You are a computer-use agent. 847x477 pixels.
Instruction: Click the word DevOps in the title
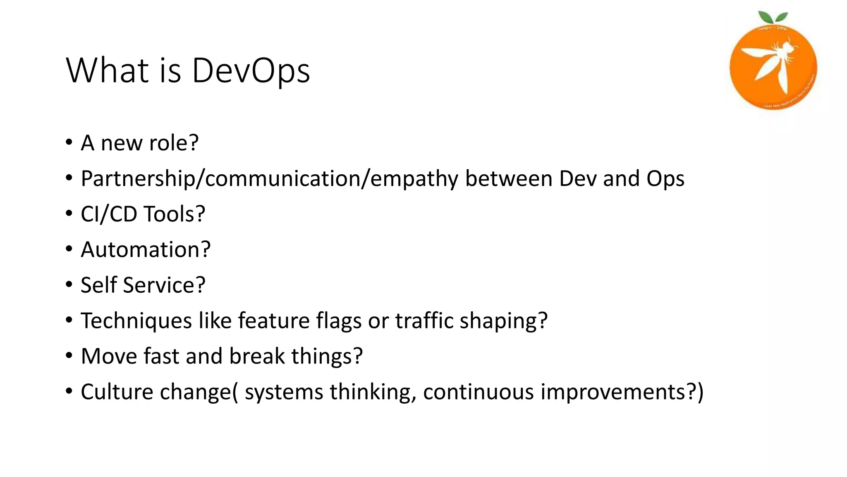(x=251, y=70)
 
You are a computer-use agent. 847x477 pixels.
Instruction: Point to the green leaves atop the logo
(x=772, y=18)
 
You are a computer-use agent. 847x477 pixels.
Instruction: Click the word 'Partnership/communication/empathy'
(x=269, y=178)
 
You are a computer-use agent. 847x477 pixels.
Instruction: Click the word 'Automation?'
(x=146, y=250)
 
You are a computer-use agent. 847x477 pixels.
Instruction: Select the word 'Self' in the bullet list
(x=98, y=285)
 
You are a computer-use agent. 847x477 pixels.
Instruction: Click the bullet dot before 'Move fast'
(x=69, y=356)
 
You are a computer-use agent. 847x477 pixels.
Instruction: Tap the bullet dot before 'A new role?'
(x=69, y=143)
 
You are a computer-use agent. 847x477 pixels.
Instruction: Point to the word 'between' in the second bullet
(x=509, y=178)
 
